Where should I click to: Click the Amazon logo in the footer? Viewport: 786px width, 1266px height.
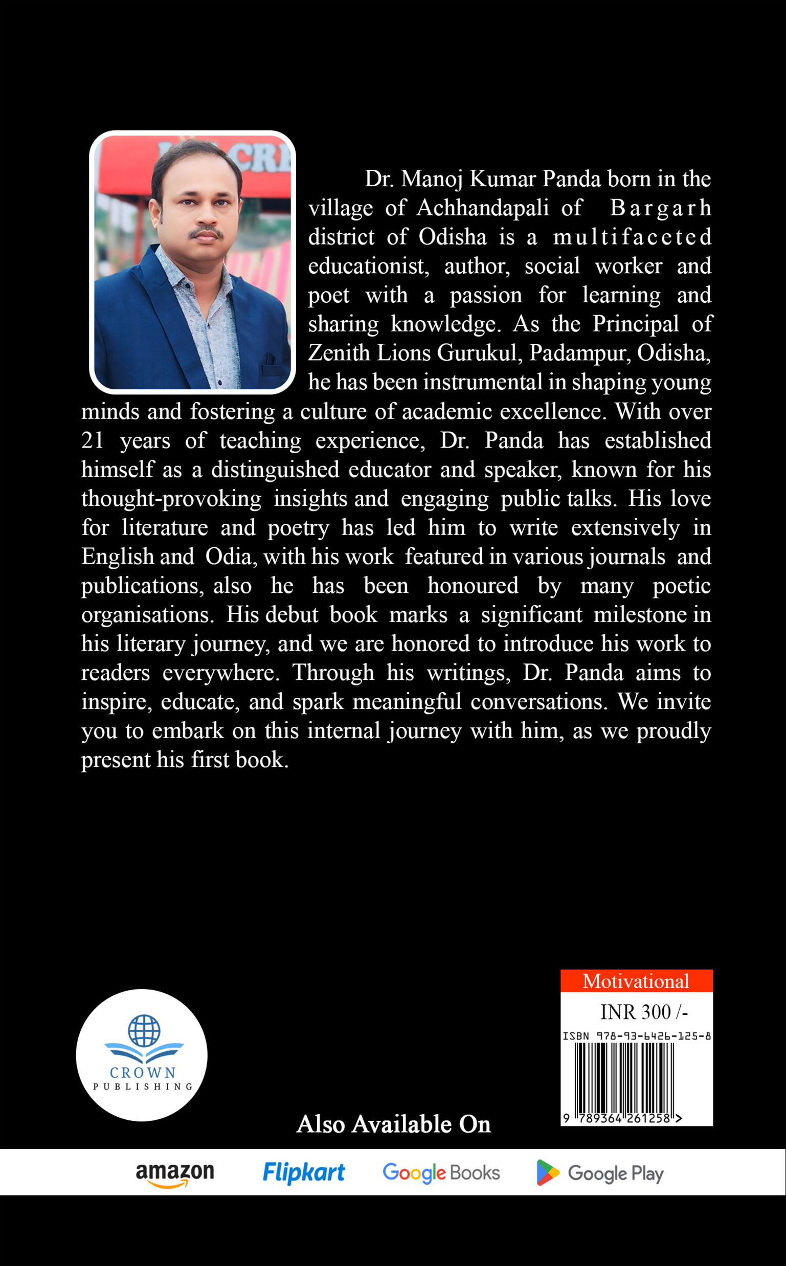[175, 1173]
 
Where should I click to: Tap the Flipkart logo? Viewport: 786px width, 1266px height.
[304, 1172]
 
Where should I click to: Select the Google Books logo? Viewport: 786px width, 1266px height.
[441, 1173]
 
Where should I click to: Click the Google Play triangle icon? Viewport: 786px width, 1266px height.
[547, 1173]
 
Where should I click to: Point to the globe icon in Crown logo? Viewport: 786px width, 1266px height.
[144, 1031]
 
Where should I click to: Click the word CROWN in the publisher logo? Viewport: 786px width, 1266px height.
[143, 1073]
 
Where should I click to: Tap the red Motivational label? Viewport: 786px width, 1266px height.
[636, 981]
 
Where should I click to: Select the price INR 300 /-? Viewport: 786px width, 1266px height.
[643, 1012]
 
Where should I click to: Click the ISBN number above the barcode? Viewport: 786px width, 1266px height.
[636, 1036]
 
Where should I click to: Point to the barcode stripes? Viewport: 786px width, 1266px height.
[624, 1077]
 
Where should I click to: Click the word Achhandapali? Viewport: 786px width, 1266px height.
[482, 208]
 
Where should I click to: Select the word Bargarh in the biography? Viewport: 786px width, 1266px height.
[660, 208]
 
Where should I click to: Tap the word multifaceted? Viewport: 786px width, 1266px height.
[632, 237]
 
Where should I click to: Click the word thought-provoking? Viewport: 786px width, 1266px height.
[171, 499]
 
